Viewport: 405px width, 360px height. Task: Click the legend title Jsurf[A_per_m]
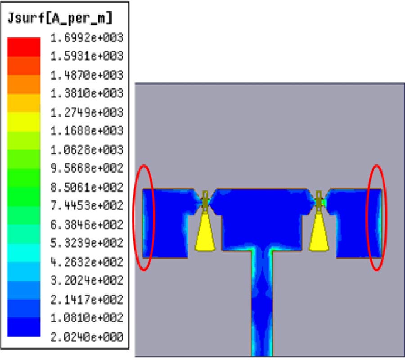coord(60,18)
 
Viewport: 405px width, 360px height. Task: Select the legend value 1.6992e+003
coord(87,38)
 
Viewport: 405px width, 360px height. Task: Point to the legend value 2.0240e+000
coord(87,337)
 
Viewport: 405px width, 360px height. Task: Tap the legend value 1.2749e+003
coord(87,112)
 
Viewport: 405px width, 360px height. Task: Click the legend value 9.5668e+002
coord(87,168)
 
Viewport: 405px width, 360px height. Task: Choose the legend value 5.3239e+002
coord(87,243)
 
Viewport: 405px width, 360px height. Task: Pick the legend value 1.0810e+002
coord(87,318)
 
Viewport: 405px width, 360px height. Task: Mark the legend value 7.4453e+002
coord(87,206)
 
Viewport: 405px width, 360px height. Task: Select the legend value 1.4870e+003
coord(87,75)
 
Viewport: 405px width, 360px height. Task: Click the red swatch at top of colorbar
coord(23,47)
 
